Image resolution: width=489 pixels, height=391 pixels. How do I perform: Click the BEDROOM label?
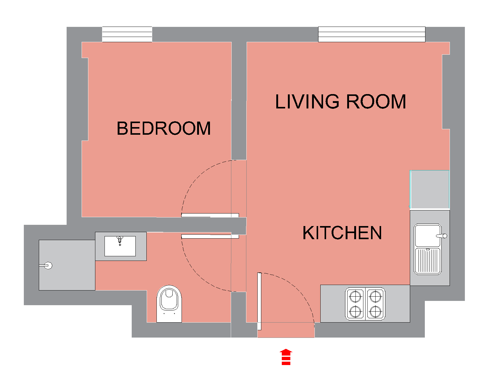[x=164, y=128]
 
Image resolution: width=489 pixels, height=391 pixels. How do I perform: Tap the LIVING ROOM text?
[x=340, y=101]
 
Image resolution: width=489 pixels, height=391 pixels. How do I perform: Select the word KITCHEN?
[x=342, y=233]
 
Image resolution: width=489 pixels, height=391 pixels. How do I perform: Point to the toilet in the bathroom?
[x=169, y=304]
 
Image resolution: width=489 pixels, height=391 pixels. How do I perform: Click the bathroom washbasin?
[x=120, y=246]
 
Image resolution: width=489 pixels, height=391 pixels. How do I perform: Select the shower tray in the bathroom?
[x=67, y=265]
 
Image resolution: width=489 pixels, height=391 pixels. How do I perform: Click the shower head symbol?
[x=46, y=265]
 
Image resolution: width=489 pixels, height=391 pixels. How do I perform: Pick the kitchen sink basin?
[x=428, y=236]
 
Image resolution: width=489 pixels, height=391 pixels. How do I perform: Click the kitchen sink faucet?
[x=442, y=236]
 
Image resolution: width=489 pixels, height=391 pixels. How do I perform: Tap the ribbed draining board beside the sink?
[x=428, y=261]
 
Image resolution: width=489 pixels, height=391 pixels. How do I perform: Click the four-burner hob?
[x=365, y=304]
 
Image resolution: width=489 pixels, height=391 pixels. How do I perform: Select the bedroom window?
[x=127, y=34]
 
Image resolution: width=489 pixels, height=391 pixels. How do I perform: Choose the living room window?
[x=372, y=34]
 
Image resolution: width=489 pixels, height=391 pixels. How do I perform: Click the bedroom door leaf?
[x=210, y=215]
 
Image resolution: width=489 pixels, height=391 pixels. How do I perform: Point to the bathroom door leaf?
[x=210, y=236]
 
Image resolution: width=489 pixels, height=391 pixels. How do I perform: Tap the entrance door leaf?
[x=259, y=301]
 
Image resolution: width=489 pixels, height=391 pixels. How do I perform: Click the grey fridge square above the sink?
[x=429, y=189]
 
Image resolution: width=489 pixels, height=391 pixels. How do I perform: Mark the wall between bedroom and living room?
[x=239, y=100]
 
